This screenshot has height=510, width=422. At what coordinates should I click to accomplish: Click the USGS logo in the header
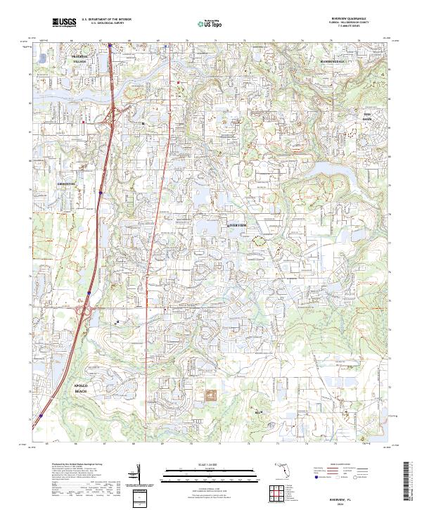click(x=63, y=23)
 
